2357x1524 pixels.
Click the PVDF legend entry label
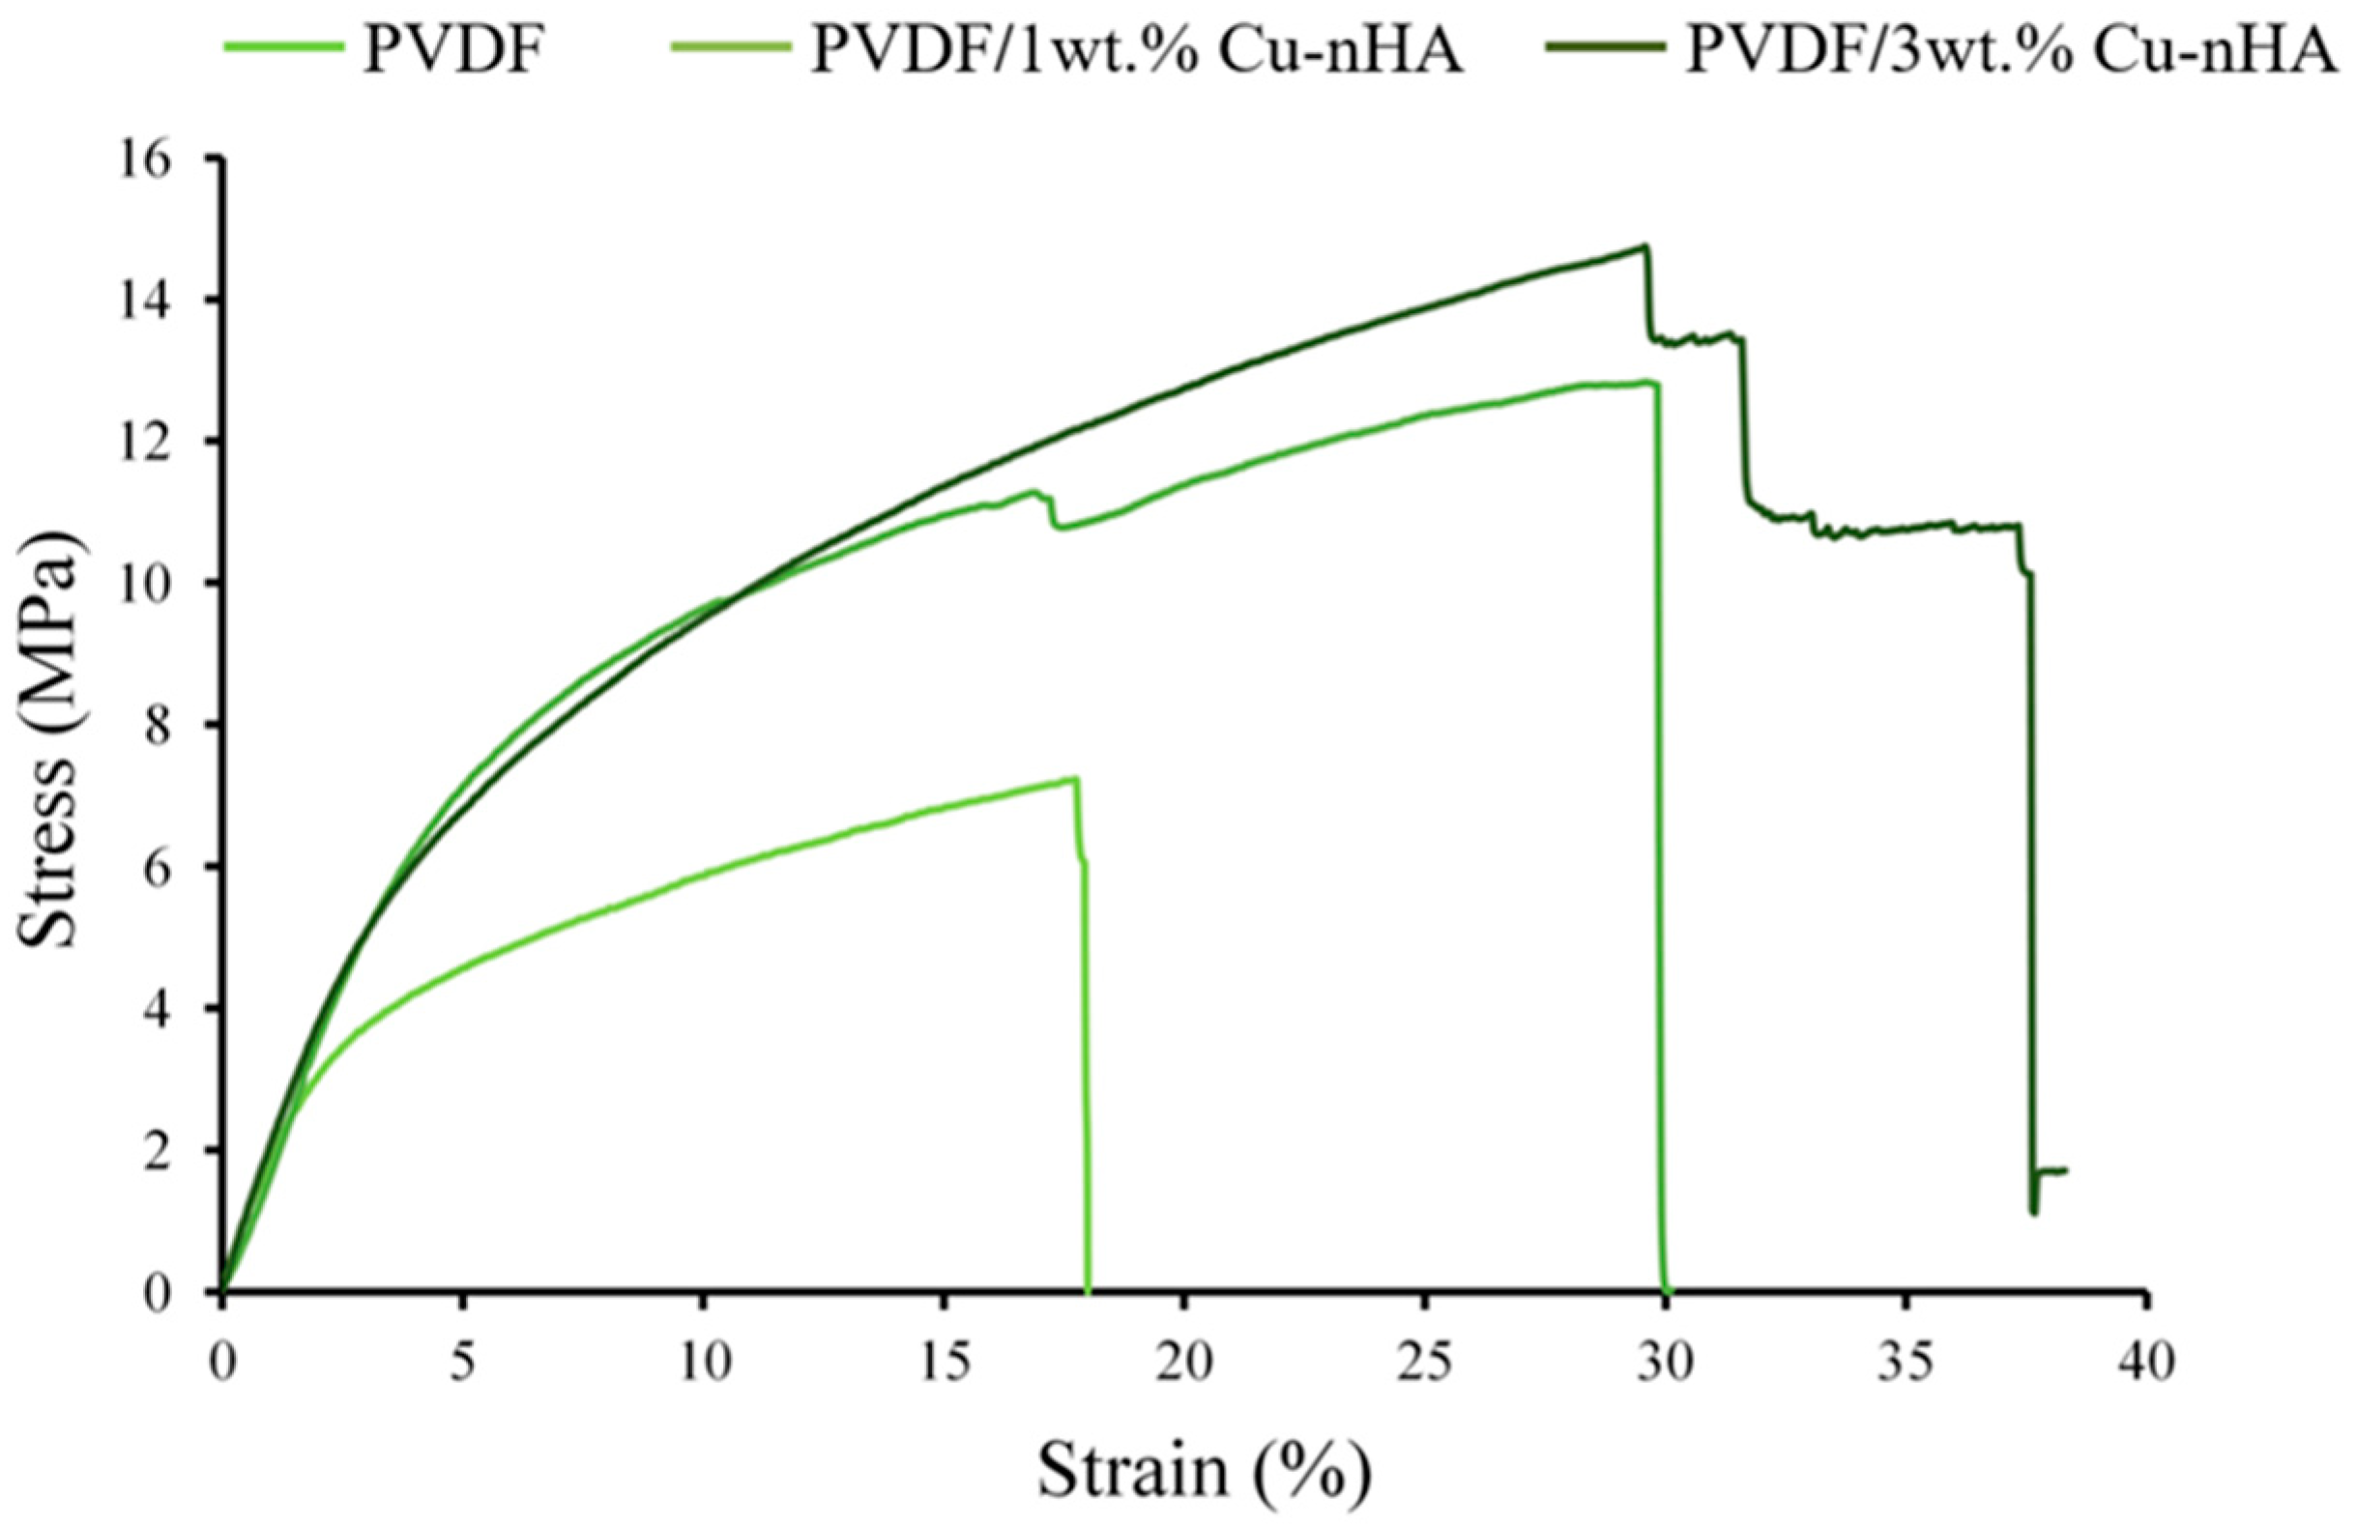pyautogui.click(x=453, y=51)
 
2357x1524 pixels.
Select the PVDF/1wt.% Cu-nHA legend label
pyautogui.click(x=1136, y=51)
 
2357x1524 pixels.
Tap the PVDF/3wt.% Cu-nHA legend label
pyautogui.click(x=2013, y=51)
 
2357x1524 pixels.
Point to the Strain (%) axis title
pyautogui.click(x=1204, y=1473)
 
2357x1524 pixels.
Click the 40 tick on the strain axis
pyautogui.click(x=2145, y=1364)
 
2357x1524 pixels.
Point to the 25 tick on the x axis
pyautogui.click(x=1424, y=1364)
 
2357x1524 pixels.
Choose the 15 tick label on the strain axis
pyautogui.click(x=944, y=1364)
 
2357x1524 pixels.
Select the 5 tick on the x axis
pyautogui.click(x=462, y=1364)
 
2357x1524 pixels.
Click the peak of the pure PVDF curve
pyautogui.click(x=1073, y=779)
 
